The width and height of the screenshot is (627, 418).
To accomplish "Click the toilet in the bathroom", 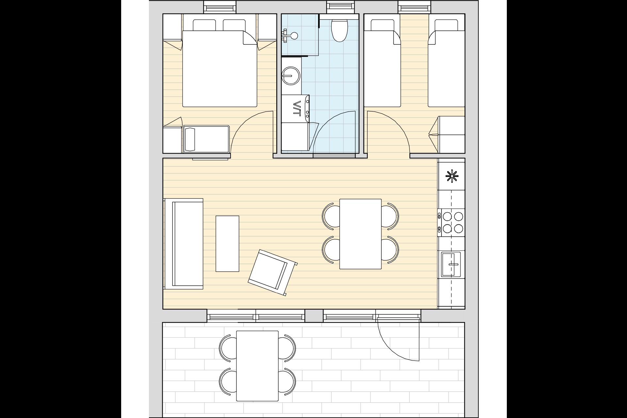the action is (339, 30).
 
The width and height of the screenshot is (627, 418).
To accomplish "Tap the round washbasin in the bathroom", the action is (291, 76).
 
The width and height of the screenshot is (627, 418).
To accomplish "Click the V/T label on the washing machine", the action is (297, 108).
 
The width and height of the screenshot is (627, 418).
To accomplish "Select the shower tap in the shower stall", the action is (289, 35).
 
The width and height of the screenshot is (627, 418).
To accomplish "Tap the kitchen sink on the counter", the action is (451, 264).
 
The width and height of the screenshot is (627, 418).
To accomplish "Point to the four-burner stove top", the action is (451, 222).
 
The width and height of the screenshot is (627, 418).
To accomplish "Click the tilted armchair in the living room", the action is (273, 273).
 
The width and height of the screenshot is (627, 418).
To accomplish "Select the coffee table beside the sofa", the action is (227, 244).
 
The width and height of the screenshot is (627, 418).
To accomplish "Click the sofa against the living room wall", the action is (184, 244).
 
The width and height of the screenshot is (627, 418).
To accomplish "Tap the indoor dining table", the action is (361, 234).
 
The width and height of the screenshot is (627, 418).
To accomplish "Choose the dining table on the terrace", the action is (257, 366).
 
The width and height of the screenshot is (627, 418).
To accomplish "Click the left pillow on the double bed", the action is (204, 25).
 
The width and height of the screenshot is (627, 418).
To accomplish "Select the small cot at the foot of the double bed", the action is (206, 139).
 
